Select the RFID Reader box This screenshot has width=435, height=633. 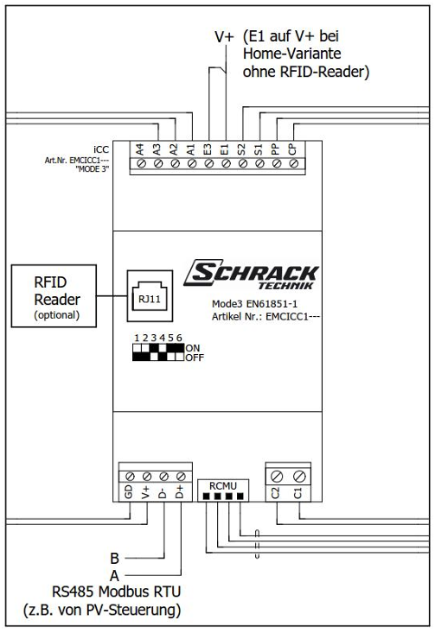(54, 296)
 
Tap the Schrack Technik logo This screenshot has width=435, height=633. (252, 275)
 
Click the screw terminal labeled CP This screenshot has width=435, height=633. (294, 163)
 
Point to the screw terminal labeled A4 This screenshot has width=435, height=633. (141, 163)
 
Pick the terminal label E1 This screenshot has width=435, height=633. (225, 149)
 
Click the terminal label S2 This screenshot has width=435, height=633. (242, 149)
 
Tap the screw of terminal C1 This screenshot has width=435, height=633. (299, 476)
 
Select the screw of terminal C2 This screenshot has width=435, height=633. (277, 476)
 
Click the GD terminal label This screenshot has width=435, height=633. (129, 492)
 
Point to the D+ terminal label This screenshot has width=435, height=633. (180, 492)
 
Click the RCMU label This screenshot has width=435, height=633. (223, 486)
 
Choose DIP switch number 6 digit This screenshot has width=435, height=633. (179, 338)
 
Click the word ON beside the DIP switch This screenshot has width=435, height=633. (193, 348)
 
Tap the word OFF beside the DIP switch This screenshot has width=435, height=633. (195, 358)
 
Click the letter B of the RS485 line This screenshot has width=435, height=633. (115, 559)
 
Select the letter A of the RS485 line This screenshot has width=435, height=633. (115, 575)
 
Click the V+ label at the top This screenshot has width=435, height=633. (224, 37)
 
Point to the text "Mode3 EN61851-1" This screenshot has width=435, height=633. (254, 304)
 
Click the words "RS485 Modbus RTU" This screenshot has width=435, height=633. (117, 592)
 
